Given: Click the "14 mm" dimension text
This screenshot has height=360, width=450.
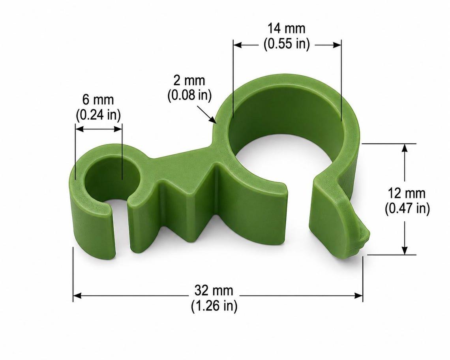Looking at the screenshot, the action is click(287, 29).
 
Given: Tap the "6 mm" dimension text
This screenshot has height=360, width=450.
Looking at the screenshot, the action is click(98, 99).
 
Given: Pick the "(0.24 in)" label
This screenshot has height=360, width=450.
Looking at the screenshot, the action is click(98, 114).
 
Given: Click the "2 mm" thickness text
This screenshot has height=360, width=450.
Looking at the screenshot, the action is click(189, 81).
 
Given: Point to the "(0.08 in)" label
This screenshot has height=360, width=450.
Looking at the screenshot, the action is click(189, 95).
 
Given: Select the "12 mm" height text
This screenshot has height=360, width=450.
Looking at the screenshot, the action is click(406, 193).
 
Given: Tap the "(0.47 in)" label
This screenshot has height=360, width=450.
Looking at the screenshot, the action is click(407, 208).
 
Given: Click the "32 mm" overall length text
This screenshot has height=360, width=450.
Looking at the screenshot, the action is click(214, 291).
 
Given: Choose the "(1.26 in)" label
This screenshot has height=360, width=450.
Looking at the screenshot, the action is click(214, 306).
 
